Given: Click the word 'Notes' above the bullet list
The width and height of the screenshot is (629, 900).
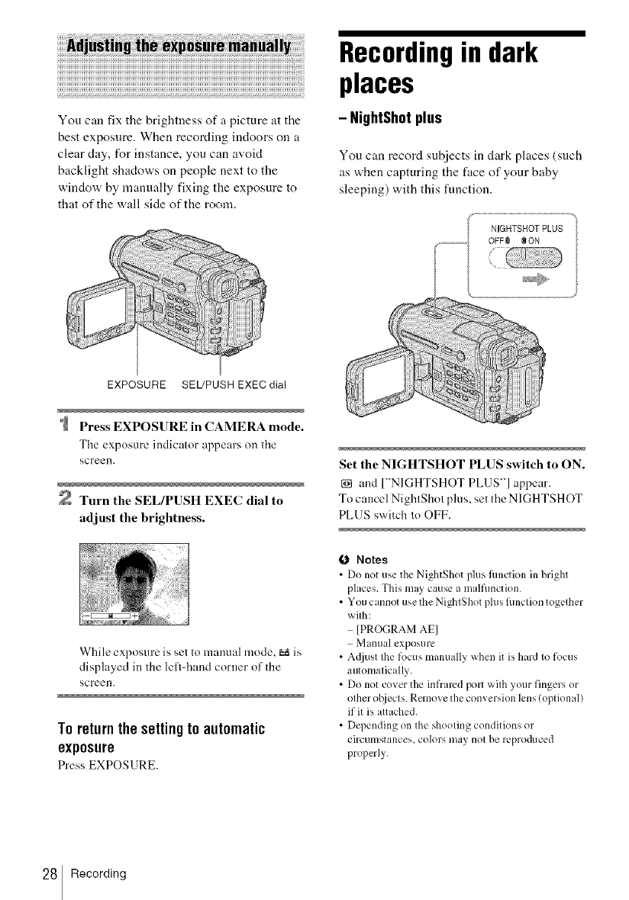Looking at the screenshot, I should click(373, 559).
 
